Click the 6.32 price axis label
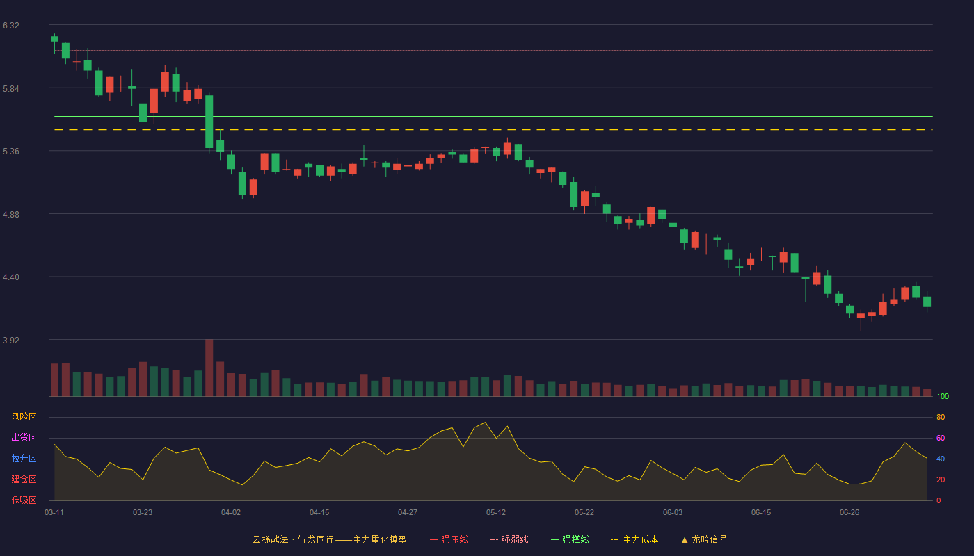click(x=11, y=26)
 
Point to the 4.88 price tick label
click(x=11, y=215)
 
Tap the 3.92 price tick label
click(x=11, y=340)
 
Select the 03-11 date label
click(x=54, y=513)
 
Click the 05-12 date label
click(x=495, y=513)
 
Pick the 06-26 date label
click(x=849, y=513)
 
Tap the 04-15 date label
click(x=319, y=513)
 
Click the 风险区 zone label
click(x=24, y=417)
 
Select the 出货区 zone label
click(x=24, y=437)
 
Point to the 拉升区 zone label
click(x=24, y=458)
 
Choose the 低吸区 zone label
click(x=24, y=500)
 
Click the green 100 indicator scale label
click(x=943, y=396)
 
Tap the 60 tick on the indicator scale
click(x=941, y=438)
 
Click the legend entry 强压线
click(x=449, y=539)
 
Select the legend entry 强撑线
click(x=570, y=539)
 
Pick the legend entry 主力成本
click(x=634, y=539)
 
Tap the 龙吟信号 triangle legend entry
click(x=704, y=539)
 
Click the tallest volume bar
click(x=209, y=368)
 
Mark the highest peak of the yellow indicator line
click(x=486, y=423)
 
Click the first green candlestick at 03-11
click(x=54, y=39)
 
